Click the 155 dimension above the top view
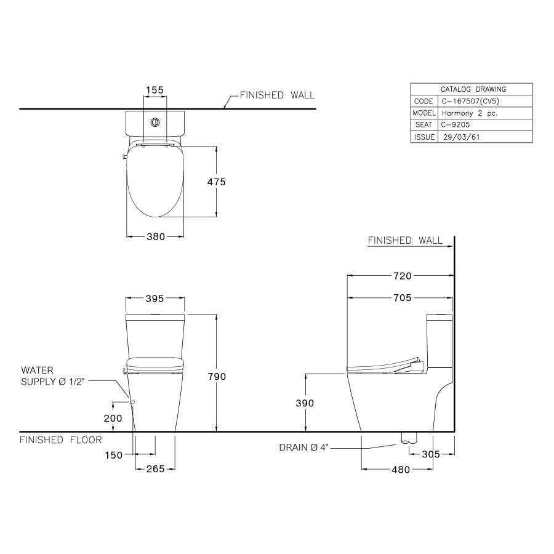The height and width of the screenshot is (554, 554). [x=155, y=90]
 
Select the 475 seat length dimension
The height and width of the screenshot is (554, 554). [x=216, y=182]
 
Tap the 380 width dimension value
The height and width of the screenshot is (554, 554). [x=155, y=236]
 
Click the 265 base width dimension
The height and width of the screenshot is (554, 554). [x=155, y=469]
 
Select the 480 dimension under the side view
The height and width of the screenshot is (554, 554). [x=400, y=469]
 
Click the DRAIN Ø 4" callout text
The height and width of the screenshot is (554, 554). [x=305, y=448]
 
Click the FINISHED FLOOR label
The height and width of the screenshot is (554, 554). [x=61, y=440]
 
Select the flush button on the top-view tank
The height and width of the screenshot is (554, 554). [x=155, y=121]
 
